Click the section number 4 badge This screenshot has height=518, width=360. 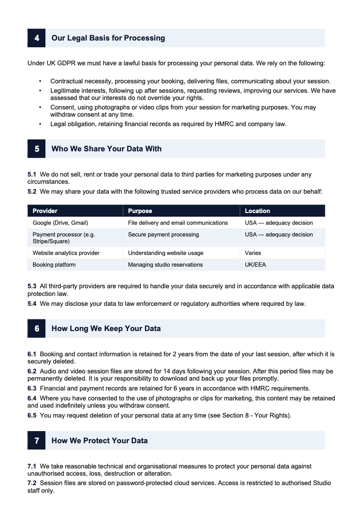click(x=36, y=38)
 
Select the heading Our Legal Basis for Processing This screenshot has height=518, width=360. click(x=108, y=38)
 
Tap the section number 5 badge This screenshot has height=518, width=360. click(x=36, y=149)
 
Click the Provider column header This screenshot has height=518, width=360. click(x=45, y=211)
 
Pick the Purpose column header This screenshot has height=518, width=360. click(x=140, y=211)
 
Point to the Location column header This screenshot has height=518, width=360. click(x=257, y=211)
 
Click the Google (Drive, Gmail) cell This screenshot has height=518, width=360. click(x=60, y=223)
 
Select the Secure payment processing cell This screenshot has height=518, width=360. click(x=163, y=235)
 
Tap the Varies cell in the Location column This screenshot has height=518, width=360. click(x=253, y=253)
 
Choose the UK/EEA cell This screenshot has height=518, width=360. click(x=255, y=265)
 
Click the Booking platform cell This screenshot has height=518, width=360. click(x=54, y=265)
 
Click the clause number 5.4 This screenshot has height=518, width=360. click(x=32, y=304)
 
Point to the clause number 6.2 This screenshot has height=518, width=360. click(x=32, y=372)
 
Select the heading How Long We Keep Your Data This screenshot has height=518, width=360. click(x=106, y=329)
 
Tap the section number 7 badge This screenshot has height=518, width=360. click(x=36, y=441)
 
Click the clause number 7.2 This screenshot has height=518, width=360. click(x=32, y=483)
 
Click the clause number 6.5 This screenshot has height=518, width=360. click(x=32, y=416)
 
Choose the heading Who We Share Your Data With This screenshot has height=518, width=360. click(x=106, y=149)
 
